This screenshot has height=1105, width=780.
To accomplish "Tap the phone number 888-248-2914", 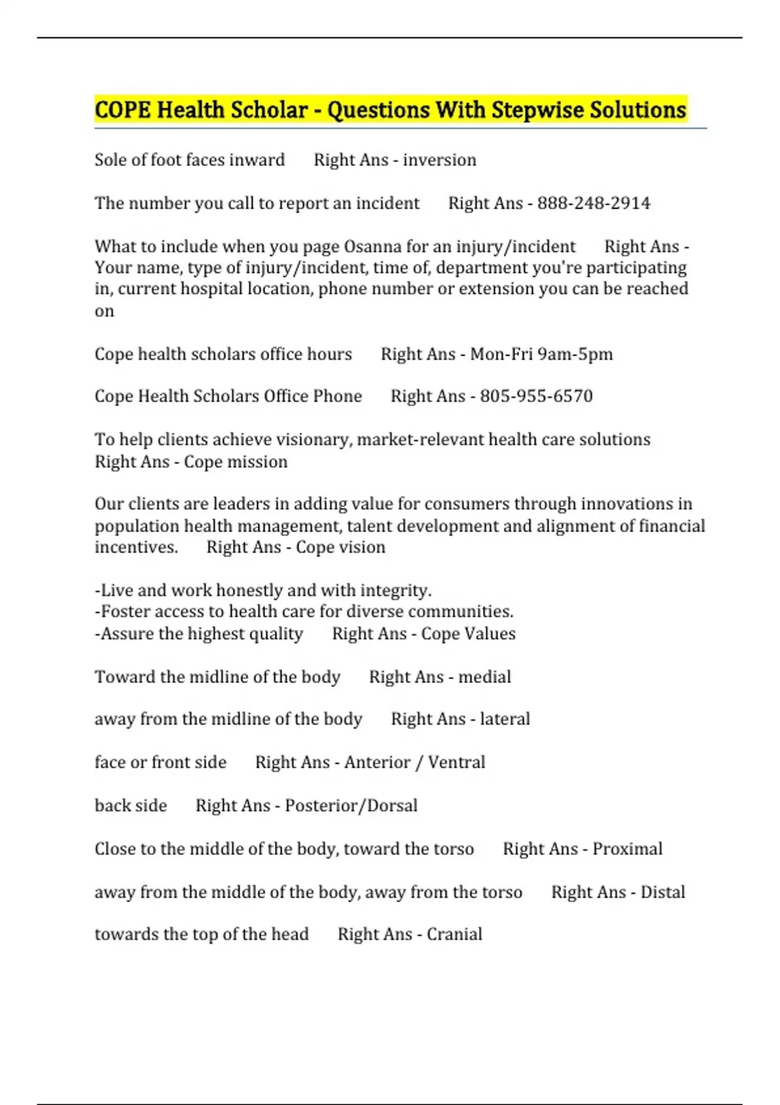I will click(593, 203).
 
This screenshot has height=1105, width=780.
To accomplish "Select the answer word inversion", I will click(439, 160).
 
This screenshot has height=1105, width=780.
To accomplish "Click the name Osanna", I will click(372, 247).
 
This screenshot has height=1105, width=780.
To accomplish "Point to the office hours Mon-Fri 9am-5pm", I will click(541, 354).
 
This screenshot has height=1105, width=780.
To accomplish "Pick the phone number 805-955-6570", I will click(536, 396).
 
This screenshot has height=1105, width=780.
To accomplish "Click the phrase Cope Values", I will click(468, 634).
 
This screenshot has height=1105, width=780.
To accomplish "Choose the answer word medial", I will click(484, 677).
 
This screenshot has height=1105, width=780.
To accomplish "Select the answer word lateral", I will click(505, 720).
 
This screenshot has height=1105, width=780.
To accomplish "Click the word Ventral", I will click(456, 762).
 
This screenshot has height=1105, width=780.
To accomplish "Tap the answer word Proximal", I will click(627, 849).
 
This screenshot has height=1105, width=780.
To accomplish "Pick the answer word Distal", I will click(662, 892).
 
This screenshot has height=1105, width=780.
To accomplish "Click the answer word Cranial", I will click(454, 935).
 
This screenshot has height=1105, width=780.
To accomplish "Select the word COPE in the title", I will click(123, 110).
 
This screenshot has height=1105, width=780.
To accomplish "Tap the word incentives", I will click(136, 547).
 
